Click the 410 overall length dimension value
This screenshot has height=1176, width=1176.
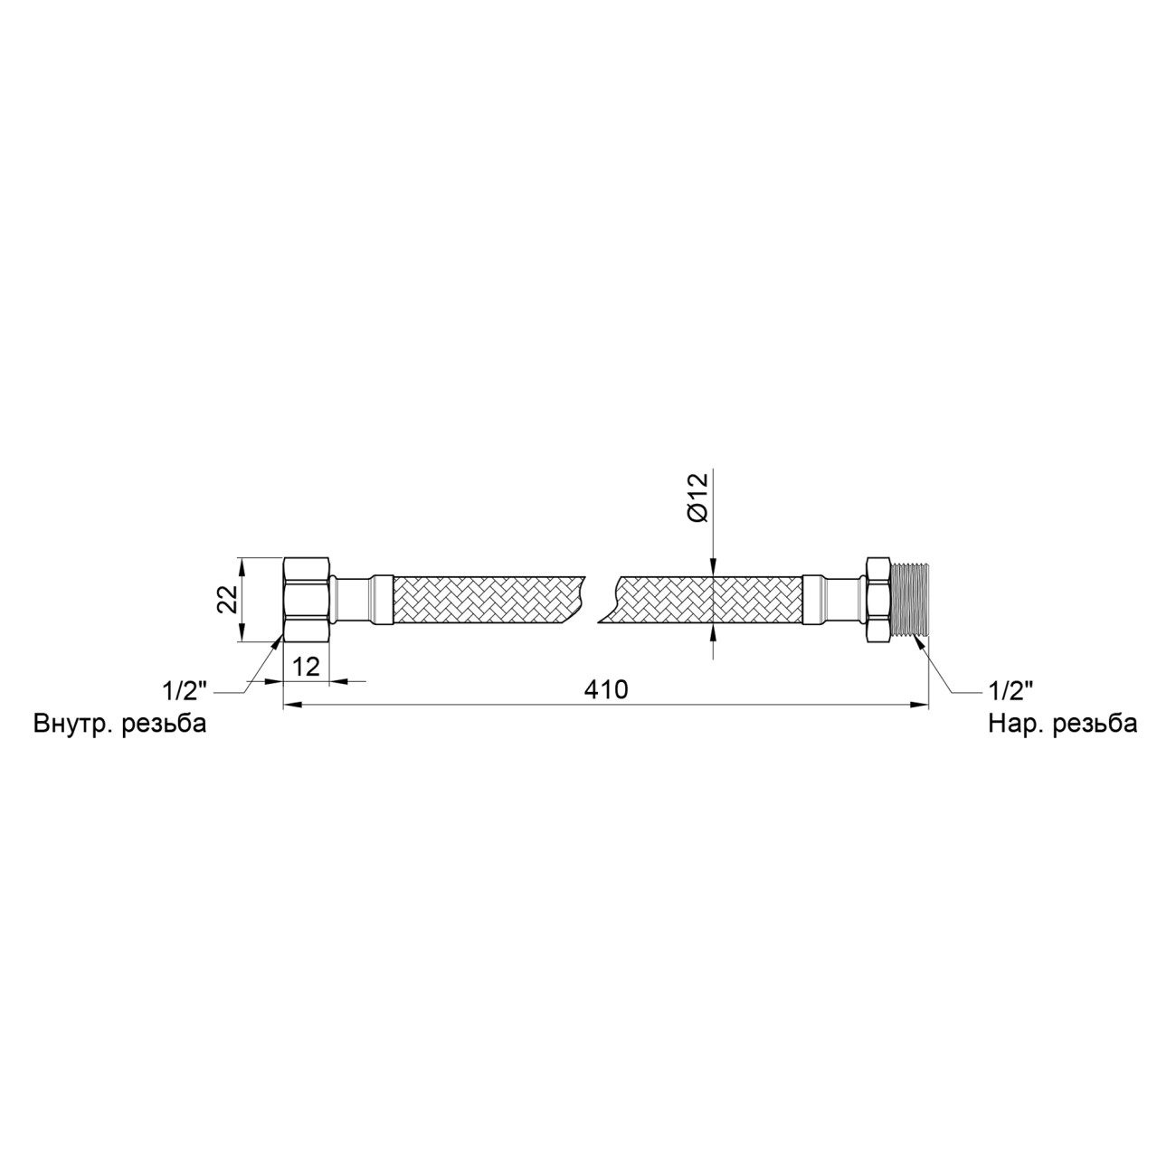pos(605,689)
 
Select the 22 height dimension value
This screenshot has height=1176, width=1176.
pos(227,599)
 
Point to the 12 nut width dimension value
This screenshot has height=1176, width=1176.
pos(306,667)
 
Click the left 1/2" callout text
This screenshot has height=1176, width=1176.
pos(185,691)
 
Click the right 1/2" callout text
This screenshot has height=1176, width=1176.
pos(1010,691)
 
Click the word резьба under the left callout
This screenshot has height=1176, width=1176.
pos(164,724)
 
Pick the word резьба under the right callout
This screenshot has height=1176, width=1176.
pos(1095,724)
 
